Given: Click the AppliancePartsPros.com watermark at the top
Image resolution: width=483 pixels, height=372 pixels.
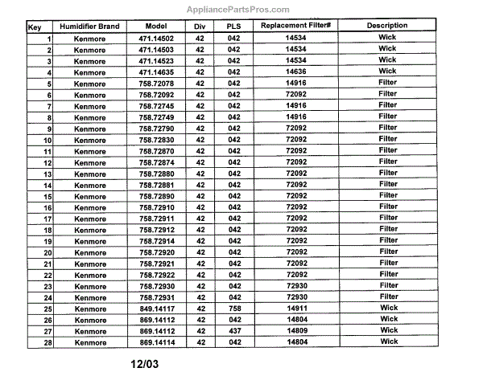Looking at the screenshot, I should (242, 10).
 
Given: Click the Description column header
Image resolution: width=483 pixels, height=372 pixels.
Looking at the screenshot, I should (387, 27).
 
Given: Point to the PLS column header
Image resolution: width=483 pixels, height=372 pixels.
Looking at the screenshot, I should (234, 27).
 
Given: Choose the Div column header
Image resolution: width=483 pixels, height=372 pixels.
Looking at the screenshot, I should (200, 27).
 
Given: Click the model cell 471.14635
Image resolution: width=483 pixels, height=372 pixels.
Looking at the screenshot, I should (155, 72).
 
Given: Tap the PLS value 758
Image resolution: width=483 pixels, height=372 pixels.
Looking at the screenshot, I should (234, 308).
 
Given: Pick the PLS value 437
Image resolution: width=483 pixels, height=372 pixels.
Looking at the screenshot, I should (234, 330).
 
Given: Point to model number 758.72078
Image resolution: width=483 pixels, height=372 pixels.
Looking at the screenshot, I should (155, 83).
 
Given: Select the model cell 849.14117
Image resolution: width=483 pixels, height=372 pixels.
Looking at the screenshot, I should (155, 308).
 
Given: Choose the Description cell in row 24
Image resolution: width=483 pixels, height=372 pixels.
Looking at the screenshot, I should (388, 296).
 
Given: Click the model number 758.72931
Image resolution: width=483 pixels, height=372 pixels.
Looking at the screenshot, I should (155, 296).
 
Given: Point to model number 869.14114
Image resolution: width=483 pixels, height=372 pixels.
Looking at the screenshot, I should (155, 341).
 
